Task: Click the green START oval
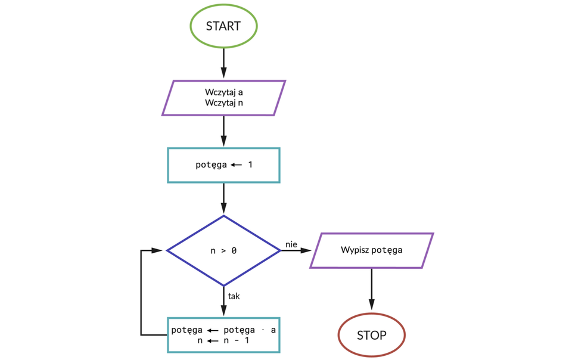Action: point(223,26)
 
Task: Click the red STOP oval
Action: point(371,335)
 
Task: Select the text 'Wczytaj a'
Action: point(223,92)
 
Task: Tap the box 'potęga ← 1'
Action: point(223,165)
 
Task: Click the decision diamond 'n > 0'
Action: point(223,251)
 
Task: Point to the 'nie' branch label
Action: point(291,244)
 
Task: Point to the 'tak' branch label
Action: point(234,296)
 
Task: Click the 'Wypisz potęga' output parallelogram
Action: point(371,250)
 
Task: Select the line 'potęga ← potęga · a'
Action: point(223,330)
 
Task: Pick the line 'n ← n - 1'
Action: point(223,341)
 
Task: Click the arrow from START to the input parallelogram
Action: point(223,63)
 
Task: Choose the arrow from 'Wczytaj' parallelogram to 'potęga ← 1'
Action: point(223,131)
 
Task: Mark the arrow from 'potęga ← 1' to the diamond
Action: point(223,198)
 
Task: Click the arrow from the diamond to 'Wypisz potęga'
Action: point(296,251)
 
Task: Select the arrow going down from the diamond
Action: point(223,301)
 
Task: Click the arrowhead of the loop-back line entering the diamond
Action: point(159,251)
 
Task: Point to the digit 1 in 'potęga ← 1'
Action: point(250,165)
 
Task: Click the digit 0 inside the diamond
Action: point(234,251)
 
